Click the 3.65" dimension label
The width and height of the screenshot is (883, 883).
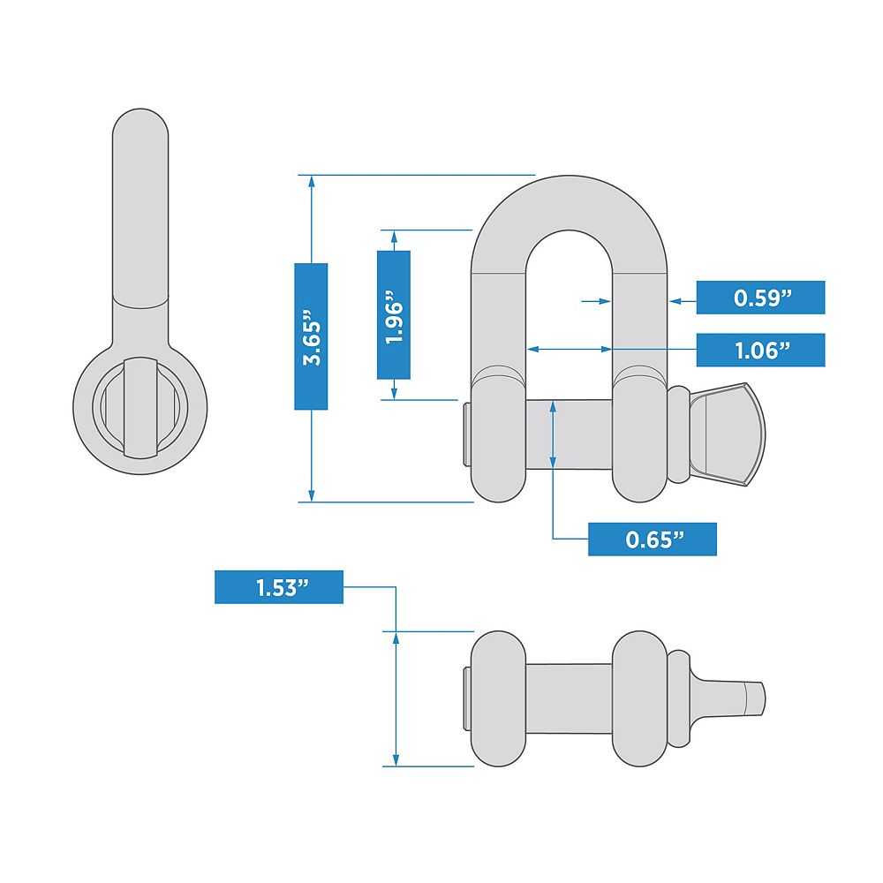coord(311,336)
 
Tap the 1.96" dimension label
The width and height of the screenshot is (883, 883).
coord(394,315)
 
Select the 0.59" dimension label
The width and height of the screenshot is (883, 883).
coord(761,298)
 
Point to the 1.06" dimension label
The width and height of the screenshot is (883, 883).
coord(761,351)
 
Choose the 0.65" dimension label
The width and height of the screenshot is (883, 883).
coord(653,540)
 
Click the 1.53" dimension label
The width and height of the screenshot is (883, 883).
coord(279,587)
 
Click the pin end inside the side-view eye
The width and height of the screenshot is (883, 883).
coord(140,408)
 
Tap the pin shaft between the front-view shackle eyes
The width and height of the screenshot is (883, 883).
coord(569,434)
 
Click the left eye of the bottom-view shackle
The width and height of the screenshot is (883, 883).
coord(498,698)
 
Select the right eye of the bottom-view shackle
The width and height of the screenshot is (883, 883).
coord(639,698)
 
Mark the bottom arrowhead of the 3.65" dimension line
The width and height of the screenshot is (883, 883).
coord(311,495)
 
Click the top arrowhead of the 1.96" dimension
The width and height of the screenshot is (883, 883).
coord(394,237)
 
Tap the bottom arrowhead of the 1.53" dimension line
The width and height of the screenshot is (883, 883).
coord(396,759)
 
